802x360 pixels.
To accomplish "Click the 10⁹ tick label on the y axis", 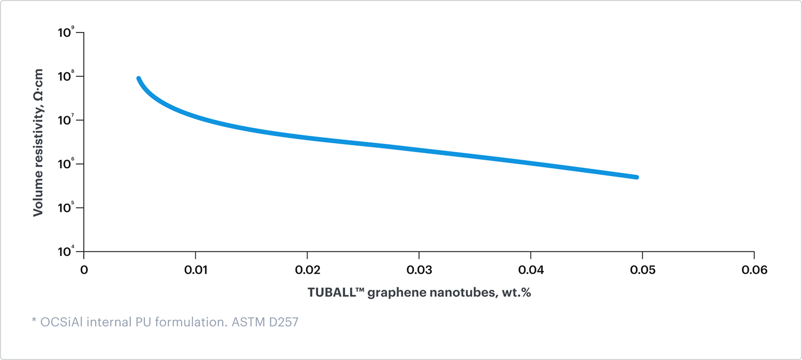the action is tap(66, 32).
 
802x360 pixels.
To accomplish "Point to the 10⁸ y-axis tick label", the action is tap(66, 76).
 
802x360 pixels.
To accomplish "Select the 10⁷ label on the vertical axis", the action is tap(66, 120).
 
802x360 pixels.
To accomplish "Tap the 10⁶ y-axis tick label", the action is tap(66, 163).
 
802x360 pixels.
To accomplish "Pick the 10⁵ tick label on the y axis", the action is tap(66, 207).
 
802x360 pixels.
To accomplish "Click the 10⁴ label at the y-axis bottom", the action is tap(66, 251).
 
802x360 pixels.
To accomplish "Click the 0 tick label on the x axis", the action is tap(84, 270).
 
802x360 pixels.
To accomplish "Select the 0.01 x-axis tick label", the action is tap(196, 270).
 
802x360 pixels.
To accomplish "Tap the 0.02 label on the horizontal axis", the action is tap(307, 270).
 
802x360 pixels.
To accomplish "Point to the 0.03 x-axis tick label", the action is tap(419, 270).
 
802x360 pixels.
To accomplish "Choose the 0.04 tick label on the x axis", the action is tap(531, 270).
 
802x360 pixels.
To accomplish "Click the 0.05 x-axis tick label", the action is tap(643, 270).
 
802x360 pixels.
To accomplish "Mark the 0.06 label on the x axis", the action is tap(754, 270).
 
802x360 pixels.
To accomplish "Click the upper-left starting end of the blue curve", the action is tap(139, 79).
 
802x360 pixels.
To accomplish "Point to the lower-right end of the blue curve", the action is tap(637, 177).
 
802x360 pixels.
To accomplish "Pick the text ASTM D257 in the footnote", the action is tap(265, 322).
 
